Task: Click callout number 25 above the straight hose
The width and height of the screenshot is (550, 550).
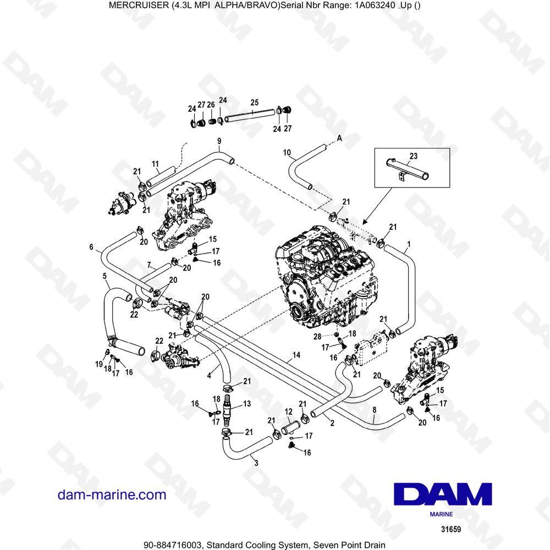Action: click(254, 102)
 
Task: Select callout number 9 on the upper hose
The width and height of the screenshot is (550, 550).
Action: click(219, 141)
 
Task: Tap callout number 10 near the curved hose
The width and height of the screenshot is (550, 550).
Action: click(287, 152)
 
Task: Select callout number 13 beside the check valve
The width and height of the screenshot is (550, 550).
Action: click(247, 403)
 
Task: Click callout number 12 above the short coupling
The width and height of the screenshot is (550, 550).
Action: click(288, 411)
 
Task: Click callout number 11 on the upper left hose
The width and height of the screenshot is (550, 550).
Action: click(155, 163)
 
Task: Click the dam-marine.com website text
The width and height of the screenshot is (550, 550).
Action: click(112, 494)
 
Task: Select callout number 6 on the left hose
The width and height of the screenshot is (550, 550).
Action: click(91, 248)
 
